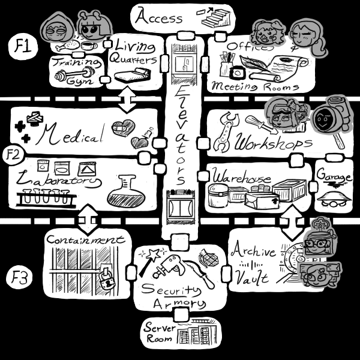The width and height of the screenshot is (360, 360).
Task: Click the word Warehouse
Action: point(241,178)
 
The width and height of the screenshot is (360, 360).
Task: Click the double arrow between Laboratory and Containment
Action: point(88,219)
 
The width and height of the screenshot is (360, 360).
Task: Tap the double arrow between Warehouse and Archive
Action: point(291,221)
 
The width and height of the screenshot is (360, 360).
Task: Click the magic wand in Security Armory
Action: point(146,256)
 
